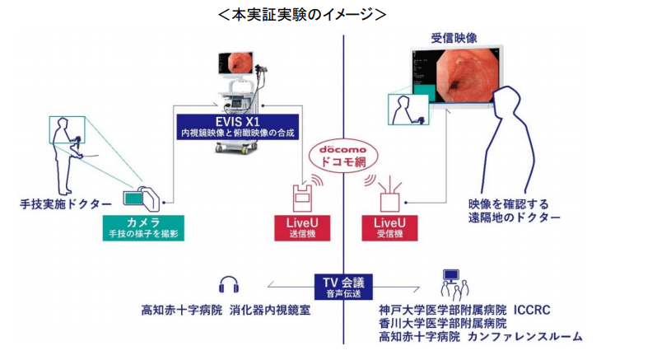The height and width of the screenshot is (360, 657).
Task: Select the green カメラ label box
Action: pos(143,227)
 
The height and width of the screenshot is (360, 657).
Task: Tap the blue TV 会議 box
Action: pos(343,286)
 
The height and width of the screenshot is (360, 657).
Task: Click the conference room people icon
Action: pos(450,284)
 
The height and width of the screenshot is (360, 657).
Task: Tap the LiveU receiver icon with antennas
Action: pos(389,196)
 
